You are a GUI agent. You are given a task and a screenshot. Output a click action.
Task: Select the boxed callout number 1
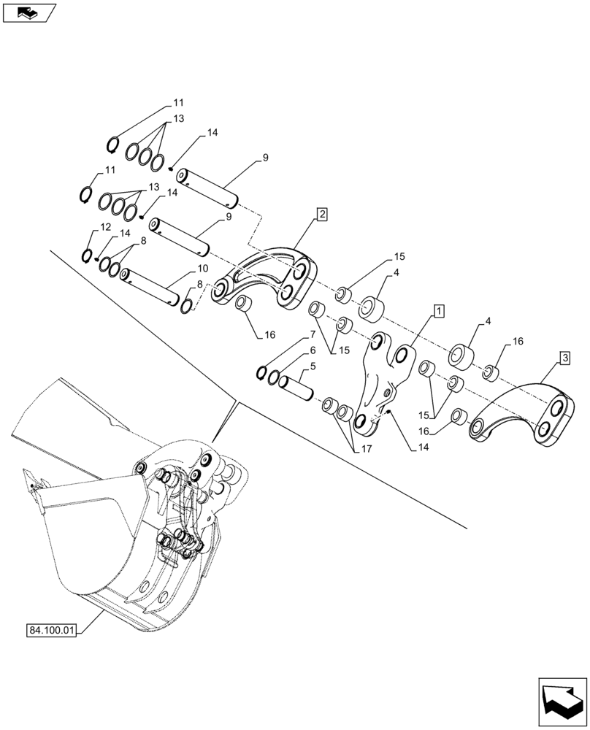coord(438,312)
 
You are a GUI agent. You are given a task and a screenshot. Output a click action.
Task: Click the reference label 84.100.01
coord(55,629)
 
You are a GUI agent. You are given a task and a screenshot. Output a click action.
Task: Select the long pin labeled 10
coord(151,285)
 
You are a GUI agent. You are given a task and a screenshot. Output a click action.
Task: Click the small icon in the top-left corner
coord(28,12)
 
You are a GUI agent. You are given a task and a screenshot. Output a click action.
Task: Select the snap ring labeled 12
coord(87,256)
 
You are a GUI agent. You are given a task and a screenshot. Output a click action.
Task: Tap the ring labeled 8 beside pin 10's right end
coord(187,301)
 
